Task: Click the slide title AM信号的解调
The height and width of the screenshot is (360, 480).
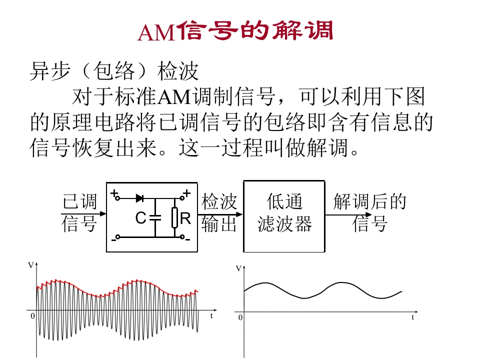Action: click(235, 31)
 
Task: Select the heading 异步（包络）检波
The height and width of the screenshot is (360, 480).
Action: click(114, 71)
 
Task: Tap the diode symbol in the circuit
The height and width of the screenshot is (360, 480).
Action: click(139, 198)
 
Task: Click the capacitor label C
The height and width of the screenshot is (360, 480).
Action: click(141, 218)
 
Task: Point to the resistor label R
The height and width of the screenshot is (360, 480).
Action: click(185, 218)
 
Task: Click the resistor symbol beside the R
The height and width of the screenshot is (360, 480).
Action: click(174, 217)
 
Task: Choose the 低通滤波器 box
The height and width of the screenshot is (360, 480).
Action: click(284, 216)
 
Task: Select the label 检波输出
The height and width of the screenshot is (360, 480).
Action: click(219, 213)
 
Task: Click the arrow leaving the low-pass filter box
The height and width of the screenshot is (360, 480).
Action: click(345, 215)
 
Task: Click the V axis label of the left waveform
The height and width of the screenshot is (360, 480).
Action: click(30, 265)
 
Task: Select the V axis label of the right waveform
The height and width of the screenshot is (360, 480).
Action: click(238, 268)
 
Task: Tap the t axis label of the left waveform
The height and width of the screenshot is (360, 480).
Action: click(212, 316)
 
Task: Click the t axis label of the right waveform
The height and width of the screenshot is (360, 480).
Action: click(413, 317)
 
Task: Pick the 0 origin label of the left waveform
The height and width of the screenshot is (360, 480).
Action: click(32, 316)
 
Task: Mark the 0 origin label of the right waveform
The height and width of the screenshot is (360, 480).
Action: click(240, 317)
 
